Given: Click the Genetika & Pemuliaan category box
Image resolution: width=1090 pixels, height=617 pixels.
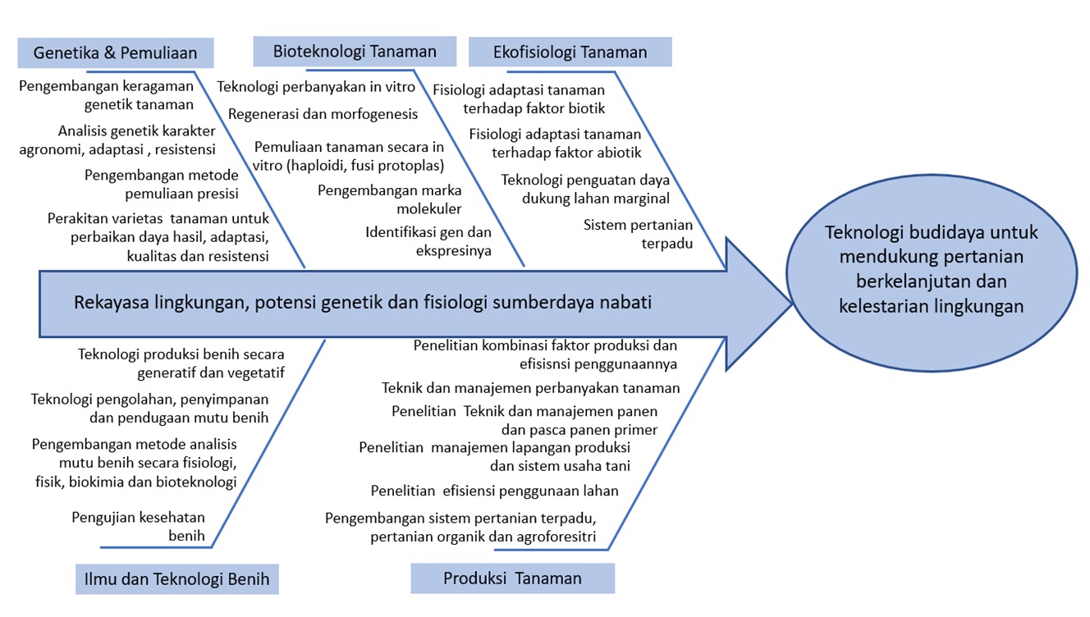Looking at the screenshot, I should click(x=116, y=53).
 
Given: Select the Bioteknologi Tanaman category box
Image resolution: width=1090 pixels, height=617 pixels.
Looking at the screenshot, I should click(x=355, y=52).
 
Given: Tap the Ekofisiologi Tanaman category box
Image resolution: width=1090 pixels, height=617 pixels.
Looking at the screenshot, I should click(x=570, y=53).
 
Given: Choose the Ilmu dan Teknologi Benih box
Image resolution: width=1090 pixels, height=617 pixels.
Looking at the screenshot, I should click(x=177, y=578).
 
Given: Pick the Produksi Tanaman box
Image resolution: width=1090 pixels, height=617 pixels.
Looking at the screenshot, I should click(x=512, y=578).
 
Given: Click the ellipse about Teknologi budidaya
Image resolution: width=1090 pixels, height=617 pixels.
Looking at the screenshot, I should click(x=931, y=269).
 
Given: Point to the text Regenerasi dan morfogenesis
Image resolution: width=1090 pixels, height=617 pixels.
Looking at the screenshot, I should click(x=323, y=114).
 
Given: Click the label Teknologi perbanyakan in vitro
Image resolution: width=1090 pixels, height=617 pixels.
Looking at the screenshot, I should click(x=316, y=87).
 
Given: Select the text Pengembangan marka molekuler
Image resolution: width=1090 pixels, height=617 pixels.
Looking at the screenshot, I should click(x=390, y=199).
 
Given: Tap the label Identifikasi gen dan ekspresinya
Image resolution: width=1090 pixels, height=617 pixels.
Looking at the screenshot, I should click(x=428, y=241).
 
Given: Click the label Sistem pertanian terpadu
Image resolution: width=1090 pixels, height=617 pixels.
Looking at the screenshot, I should click(x=638, y=234).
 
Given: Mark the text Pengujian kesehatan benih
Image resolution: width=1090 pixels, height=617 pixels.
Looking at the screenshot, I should click(x=138, y=526).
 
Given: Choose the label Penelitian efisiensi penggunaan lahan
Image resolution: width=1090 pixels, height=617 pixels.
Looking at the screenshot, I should click(x=494, y=491).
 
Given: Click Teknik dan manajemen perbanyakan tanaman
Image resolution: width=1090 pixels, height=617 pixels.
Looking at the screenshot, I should click(x=530, y=387).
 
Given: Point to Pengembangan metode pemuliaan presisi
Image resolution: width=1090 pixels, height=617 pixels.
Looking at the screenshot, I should click(x=162, y=185).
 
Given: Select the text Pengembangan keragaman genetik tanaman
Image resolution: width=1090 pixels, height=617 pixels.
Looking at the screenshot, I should click(x=107, y=95).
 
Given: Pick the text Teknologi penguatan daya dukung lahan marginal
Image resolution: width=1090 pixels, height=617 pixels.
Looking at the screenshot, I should click(x=585, y=189).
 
